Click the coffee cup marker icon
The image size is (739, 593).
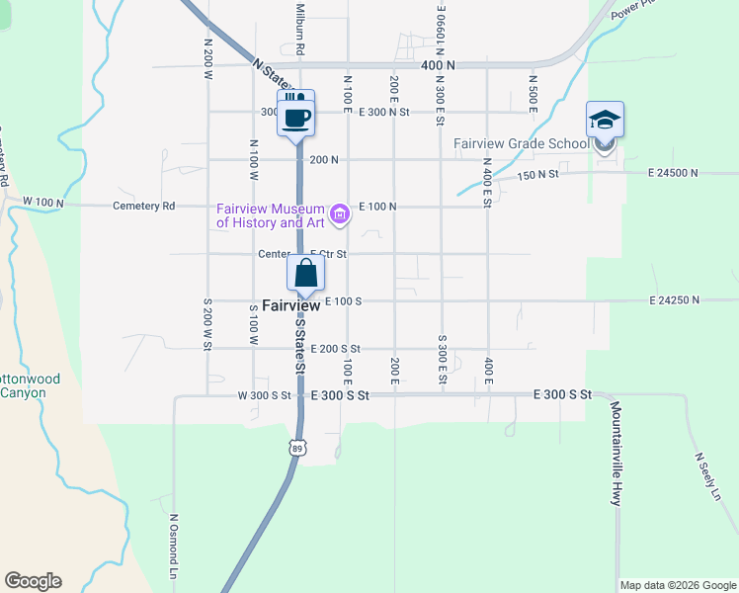click(297, 117)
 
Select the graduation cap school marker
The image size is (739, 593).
click(605, 121)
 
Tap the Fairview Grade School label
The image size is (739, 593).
click(521, 143)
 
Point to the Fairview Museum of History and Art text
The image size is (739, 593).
click(272, 215)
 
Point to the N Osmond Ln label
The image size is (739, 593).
click(173, 546)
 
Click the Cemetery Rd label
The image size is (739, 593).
click(144, 206)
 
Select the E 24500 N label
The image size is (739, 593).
click(674, 172)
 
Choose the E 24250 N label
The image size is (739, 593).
click(674, 299)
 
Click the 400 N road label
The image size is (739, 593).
click(438, 65)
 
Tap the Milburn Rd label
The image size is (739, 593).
click(298, 28)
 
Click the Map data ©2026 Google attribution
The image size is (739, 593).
click(678, 585)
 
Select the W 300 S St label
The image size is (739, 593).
click(264, 395)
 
